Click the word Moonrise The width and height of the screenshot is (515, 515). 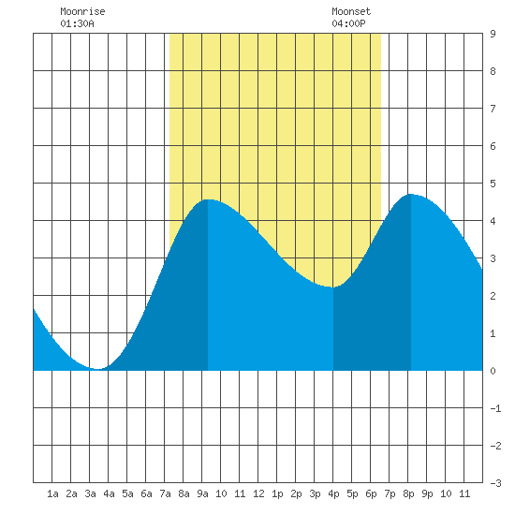(x=82, y=11)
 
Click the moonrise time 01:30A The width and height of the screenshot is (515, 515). (x=77, y=23)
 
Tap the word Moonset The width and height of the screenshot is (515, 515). (x=351, y=11)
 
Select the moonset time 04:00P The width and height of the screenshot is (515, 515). (x=348, y=23)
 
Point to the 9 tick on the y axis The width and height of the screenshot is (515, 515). (x=493, y=34)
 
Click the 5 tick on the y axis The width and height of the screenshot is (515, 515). (x=493, y=184)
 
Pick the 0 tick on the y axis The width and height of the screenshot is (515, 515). (x=493, y=371)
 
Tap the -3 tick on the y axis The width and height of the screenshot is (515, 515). (x=495, y=483)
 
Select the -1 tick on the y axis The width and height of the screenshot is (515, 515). (x=495, y=408)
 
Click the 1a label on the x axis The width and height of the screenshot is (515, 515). (x=52, y=493)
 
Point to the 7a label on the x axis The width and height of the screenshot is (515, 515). (x=165, y=493)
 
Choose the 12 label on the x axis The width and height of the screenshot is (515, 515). (x=258, y=493)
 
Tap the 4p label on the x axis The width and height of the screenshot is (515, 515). (x=333, y=493)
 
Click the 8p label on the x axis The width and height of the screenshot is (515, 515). (x=408, y=493)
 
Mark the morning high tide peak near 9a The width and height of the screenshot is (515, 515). (x=208, y=199)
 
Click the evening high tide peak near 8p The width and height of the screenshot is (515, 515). (x=410, y=194)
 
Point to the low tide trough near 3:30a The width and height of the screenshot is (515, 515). (x=97, y=369)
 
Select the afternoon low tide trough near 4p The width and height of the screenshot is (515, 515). (x=333, y=287)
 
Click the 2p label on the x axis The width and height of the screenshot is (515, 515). (x=296, y=493)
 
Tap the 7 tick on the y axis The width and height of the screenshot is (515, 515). (x=493, y=109)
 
